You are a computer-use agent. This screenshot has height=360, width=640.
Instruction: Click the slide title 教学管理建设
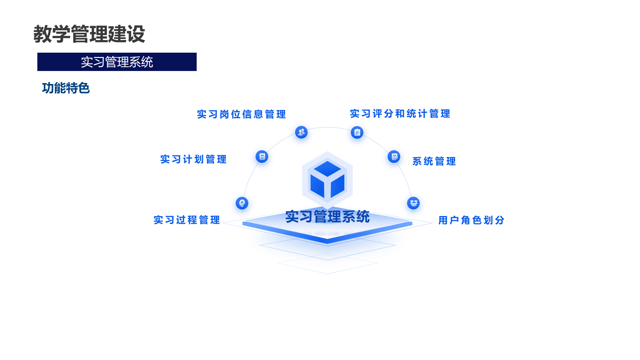tap(89, 34)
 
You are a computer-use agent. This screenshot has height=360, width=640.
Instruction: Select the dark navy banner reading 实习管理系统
tap(117, 62)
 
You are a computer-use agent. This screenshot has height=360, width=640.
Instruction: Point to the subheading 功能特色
tap(66, 88)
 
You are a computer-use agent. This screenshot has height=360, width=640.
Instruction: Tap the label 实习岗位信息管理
tap(241, 114)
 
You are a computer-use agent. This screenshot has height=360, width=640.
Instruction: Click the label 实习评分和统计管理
tap(400, 114)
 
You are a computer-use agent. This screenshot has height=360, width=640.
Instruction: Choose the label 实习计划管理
tap(193, 159)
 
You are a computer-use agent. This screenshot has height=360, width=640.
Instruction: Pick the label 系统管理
tap(434, 161)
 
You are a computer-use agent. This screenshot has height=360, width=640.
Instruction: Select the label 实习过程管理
tap(187, 220)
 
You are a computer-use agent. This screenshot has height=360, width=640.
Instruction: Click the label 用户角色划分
tap(471, 220)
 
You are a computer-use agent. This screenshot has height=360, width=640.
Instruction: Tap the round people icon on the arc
tap(301, 132)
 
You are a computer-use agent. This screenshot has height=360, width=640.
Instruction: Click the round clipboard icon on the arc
tap(357, 132)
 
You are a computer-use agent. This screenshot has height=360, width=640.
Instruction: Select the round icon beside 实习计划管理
tap(262, 156)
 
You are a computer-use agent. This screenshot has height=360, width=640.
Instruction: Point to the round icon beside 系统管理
tap(394, 156)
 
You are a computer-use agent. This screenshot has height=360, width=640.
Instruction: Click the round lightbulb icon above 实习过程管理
tap(242, 203)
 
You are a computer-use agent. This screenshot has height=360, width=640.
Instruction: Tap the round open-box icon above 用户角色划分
tap(413, 203)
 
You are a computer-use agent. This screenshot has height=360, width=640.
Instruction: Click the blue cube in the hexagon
tap(327, 180)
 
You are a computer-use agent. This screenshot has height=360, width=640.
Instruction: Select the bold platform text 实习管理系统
tap(327, 217)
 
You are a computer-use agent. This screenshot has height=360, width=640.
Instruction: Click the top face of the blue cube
tap(327, 169)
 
